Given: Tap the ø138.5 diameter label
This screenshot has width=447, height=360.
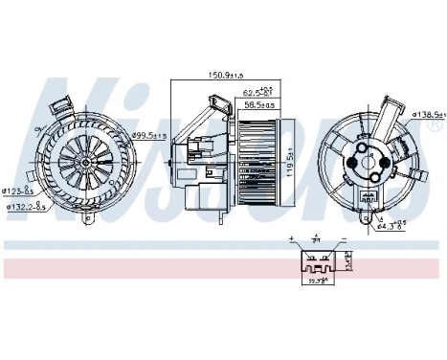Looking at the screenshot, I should click(427, 113).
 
